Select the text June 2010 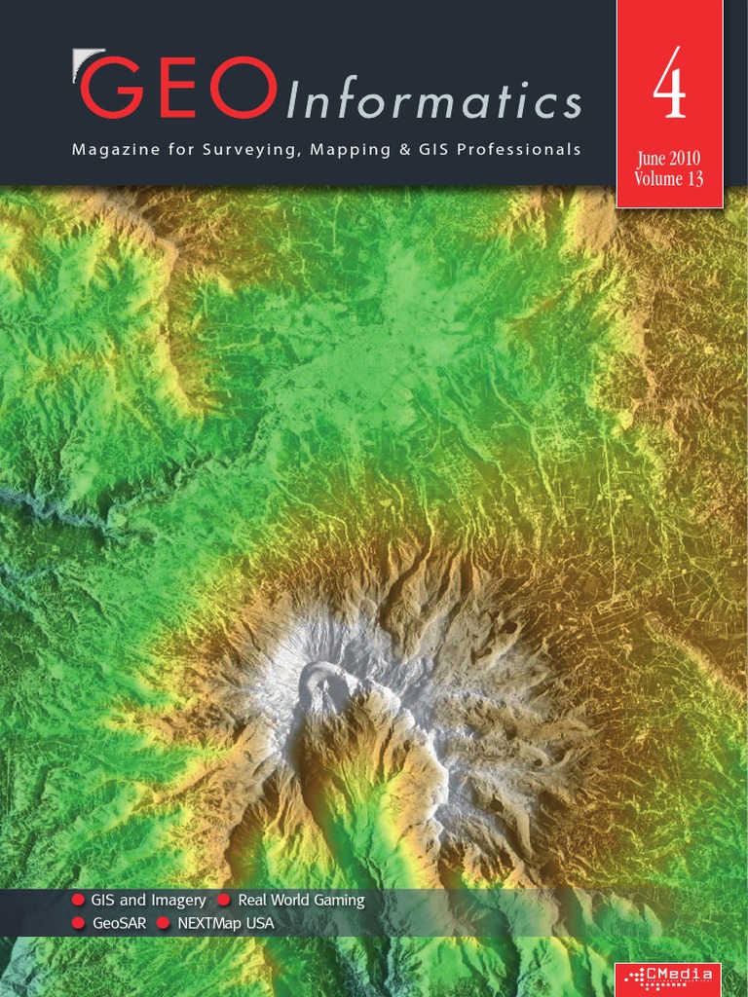point(668,160)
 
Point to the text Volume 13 point(668,179)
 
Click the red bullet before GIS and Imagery point(78,901)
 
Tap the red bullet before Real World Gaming point(224,901)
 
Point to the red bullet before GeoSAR point(78,923)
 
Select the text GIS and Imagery point(148,901)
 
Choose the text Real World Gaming point(301,901)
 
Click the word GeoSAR point(118,923)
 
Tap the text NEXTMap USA point(226,923)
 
